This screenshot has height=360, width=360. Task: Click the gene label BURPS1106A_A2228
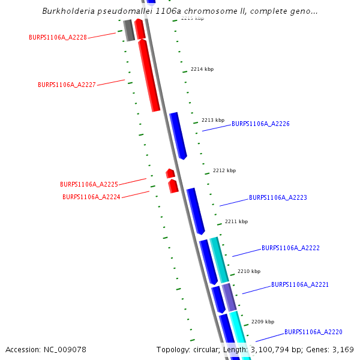tap(58, 37)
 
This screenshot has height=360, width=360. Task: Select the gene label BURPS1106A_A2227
tap(67, 85)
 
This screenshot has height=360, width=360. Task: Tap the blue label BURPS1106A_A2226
tap(260, 124)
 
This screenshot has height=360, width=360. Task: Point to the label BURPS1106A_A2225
tap(89, 184)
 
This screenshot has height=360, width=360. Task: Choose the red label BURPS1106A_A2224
tap(91, 197)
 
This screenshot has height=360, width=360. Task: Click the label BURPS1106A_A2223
tap(278, 197)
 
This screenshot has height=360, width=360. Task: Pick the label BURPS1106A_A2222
tap(290, 248)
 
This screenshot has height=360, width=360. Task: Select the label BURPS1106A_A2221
tap(299, 284)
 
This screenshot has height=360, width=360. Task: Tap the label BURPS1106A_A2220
tap(313, 332)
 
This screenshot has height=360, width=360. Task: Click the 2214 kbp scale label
tap(202, 70)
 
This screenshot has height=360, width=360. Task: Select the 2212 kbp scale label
tap(224, 170)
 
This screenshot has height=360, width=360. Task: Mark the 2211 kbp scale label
tap(236, 221)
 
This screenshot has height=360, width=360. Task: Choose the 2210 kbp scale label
tap(249, 271)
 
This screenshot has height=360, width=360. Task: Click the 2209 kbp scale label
tap(263, 322)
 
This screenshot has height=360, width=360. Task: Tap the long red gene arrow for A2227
tap(149, 75)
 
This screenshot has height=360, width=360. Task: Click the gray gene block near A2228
tap(129, 31)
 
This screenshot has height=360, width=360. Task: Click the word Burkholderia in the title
tap(67, 11)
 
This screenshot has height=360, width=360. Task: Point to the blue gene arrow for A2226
tap(178, 135)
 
